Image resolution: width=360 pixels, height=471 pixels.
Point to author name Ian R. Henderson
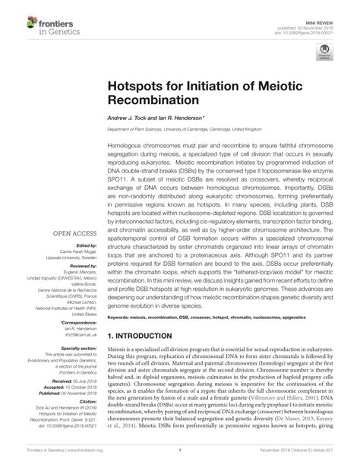pos(182,119)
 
